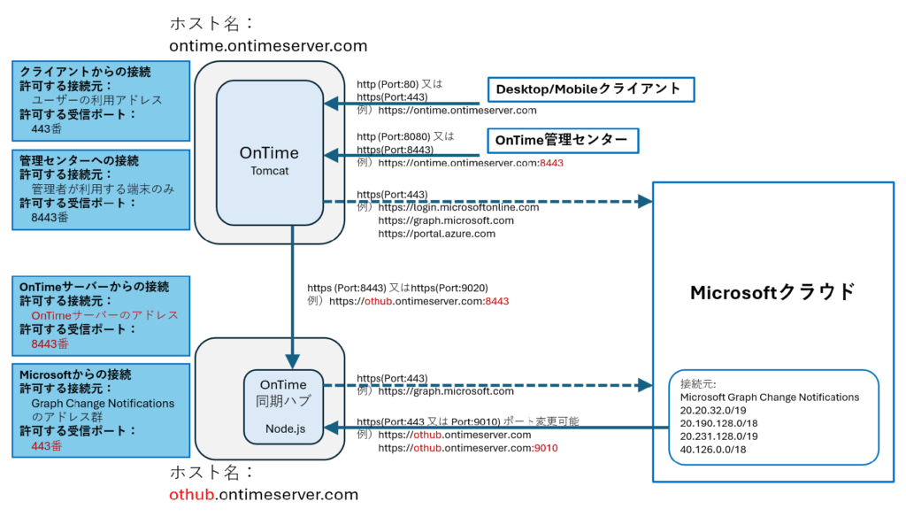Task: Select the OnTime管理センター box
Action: (561, 140)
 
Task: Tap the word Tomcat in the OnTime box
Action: (268, 170)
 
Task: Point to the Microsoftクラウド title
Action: (772, 291)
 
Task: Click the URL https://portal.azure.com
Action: (436, 234)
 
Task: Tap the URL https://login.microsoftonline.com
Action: (458, 207)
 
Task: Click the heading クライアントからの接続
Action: (85, 72)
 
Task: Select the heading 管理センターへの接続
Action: (79, 160)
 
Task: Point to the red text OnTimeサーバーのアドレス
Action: (104, 314)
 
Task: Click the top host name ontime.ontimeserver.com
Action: (267, 45)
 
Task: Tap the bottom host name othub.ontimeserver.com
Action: (263, 494)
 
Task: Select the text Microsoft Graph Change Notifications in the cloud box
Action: (764, 397)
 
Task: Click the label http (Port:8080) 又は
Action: (404, 136)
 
